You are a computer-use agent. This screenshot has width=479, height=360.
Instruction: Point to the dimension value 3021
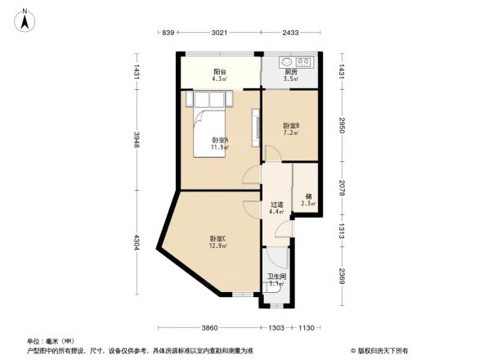point(218,33)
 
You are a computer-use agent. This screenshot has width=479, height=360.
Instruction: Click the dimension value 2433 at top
point(290,33)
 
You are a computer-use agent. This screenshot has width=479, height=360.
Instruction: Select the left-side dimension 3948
point(137,141)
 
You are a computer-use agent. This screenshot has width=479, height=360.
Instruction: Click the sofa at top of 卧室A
point(210,99)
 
